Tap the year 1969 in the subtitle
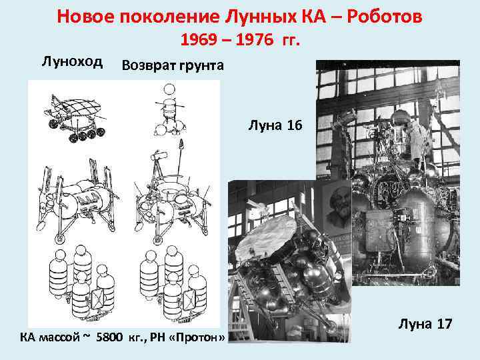point(198,41)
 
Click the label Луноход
point(73,62)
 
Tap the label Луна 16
point(275,124)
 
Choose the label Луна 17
point(426,325)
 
